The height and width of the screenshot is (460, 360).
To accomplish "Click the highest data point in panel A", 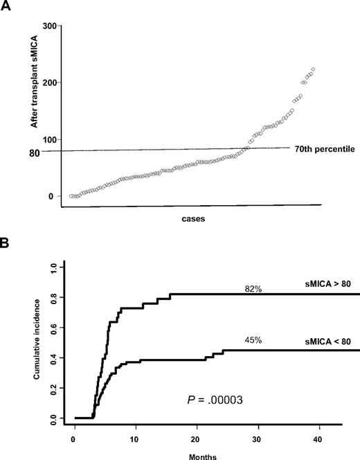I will [314, 69].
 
